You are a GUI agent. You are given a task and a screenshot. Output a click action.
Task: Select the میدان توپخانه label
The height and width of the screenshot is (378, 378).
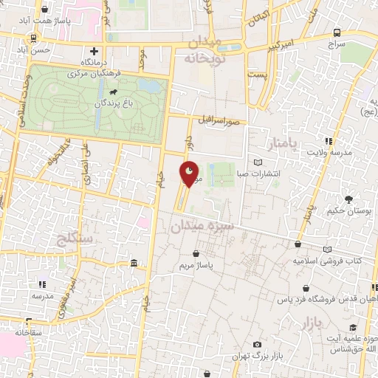[203, 49]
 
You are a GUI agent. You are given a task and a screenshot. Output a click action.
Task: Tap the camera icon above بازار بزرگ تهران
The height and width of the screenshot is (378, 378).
[257, 345]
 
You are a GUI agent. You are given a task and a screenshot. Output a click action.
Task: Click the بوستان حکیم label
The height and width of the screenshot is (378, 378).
[348, 212]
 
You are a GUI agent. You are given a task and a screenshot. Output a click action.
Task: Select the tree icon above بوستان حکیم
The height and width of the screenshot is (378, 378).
[348, 199]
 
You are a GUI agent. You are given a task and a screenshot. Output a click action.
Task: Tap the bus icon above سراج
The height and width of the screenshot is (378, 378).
[337, 32]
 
